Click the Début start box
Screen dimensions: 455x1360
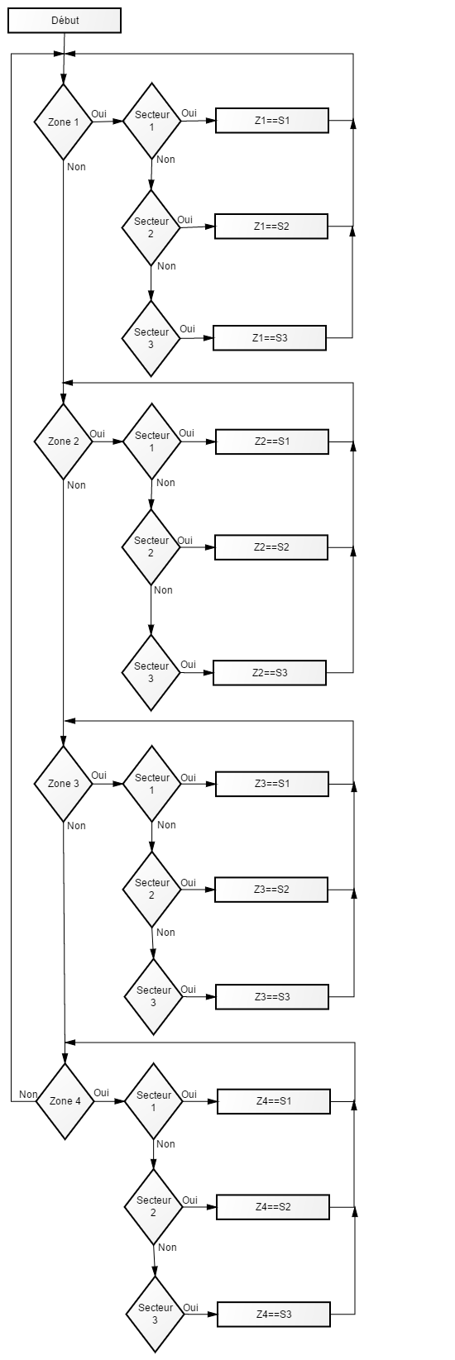coord(65,20)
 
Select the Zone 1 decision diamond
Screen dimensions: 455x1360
coord(63,122)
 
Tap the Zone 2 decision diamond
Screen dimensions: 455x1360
coord(63,441)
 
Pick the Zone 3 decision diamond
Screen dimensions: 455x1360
coord(63,784)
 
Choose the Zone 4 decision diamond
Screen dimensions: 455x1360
coord(65,1100)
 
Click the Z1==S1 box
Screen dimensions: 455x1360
coord(272,120)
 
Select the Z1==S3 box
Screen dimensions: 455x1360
coord(269,338)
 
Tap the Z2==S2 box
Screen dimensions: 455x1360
coord(271,547)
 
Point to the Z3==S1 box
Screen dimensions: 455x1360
coord(272,784)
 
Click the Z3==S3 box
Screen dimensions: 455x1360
coord(272,997)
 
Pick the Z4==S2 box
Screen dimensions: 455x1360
coord(273,1206)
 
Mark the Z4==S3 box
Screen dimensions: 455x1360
coord(274,1315)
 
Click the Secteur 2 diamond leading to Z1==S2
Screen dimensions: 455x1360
coord(151,227)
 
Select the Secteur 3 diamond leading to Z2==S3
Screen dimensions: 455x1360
coord(151,672)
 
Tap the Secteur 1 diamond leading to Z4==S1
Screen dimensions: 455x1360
coord(154,1100)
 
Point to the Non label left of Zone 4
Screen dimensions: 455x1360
coord(28,1094)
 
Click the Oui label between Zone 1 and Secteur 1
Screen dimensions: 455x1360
coord(98,113)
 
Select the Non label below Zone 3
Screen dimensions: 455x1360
coord(77,826)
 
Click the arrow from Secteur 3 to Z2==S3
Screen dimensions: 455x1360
coord(197,673)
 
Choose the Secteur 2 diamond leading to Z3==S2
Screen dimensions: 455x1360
coord(152,890)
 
